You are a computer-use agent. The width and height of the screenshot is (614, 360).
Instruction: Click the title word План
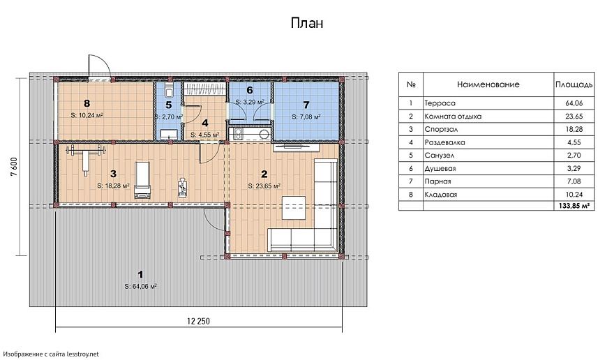click(307, 23)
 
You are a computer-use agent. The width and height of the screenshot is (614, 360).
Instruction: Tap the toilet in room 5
click(170, 91)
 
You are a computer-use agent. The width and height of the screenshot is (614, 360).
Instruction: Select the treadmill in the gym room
click(142, 180)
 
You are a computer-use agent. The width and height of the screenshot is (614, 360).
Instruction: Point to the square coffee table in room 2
click(294, 209)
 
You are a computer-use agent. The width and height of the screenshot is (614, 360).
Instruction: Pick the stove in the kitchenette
click(238, 134)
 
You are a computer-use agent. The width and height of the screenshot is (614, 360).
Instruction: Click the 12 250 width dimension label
click(199, 321)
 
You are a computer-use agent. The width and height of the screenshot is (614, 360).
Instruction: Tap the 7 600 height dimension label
click(14, 167)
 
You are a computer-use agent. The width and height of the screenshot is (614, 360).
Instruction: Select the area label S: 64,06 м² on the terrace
click(141, 286)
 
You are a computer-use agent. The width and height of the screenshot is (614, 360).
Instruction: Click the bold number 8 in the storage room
click(87, 103)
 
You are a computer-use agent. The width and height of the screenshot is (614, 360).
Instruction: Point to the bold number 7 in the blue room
click(306, 105)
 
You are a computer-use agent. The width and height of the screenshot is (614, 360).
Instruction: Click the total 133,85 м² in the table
click(574, 206)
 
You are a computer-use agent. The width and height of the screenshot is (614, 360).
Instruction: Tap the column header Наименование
click(488, 84)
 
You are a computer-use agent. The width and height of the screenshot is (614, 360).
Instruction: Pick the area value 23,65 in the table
click(574, 117)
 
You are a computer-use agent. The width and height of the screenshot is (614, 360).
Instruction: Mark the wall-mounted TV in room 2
click(296, 148)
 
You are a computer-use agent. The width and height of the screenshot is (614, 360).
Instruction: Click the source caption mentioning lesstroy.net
click(52, 354)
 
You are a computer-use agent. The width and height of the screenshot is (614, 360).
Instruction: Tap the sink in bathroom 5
click(169, 133)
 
